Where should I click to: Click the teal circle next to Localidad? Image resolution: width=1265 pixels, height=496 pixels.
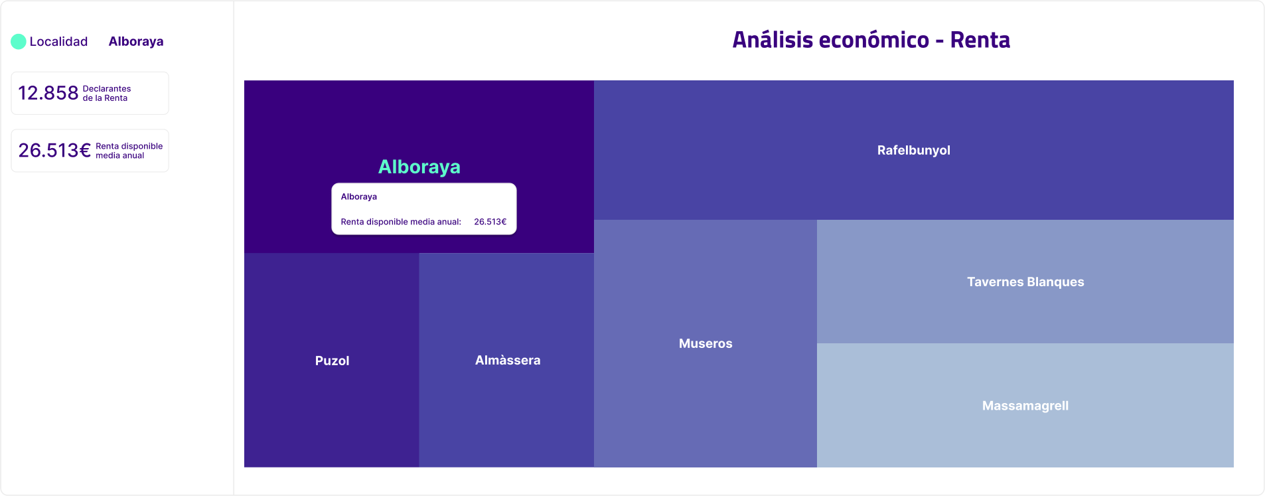coord(19,42)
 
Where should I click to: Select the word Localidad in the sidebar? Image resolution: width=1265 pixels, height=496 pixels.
coord(58,42)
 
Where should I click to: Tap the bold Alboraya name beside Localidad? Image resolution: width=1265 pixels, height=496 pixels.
coord(136,42)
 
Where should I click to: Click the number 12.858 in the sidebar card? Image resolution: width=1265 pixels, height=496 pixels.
coord(48,93)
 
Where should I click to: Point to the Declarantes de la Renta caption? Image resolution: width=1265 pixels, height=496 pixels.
coord(107,94)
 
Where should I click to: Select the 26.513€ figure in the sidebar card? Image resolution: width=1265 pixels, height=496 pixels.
coord(54,151)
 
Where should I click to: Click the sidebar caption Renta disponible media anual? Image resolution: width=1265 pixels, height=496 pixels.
coord(129,151)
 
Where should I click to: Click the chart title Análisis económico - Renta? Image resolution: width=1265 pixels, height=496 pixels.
coord(871,41)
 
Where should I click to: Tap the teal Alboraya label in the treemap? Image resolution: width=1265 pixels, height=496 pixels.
coord(419,167)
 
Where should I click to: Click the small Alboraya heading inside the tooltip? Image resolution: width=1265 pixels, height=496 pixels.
coord(359,197)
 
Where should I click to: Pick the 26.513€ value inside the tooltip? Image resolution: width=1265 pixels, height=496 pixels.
coord(490,222)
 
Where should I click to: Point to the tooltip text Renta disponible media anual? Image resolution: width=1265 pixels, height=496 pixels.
coord(401,222)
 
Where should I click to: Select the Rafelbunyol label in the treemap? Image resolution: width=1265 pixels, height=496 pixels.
coord(914,151)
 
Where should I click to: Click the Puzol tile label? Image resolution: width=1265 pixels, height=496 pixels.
coord(332,361)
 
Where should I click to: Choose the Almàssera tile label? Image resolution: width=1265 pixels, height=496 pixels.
coord(508,360)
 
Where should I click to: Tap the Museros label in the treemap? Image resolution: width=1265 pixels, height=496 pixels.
coord(706,343)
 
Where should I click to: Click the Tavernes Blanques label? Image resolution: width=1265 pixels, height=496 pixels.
coord(1025,282)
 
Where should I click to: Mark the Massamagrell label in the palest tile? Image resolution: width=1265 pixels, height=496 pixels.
coord(1025,406)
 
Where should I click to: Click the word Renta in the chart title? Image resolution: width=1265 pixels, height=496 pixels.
coord(980,41)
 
